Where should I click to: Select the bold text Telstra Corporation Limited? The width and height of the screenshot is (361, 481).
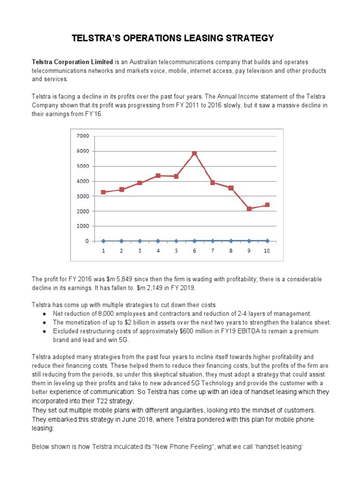click(72, 62)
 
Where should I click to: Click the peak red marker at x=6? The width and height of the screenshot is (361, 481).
click(194, 154)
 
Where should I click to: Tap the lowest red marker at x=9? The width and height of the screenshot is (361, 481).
click(249, 209)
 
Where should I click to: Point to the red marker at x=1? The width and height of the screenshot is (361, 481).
click(103, 192)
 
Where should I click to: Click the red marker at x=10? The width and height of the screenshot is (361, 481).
click(267, 205)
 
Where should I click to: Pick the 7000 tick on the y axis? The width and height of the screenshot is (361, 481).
click(82, 136)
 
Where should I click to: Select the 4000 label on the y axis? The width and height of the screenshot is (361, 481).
click(82, 181)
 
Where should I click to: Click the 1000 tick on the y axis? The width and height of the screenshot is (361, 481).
click(82, 226)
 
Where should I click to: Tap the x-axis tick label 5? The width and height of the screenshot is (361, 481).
click(176, 251)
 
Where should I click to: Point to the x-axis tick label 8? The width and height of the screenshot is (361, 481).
click(231, 251)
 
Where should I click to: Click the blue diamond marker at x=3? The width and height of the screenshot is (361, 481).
click(140, 241)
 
